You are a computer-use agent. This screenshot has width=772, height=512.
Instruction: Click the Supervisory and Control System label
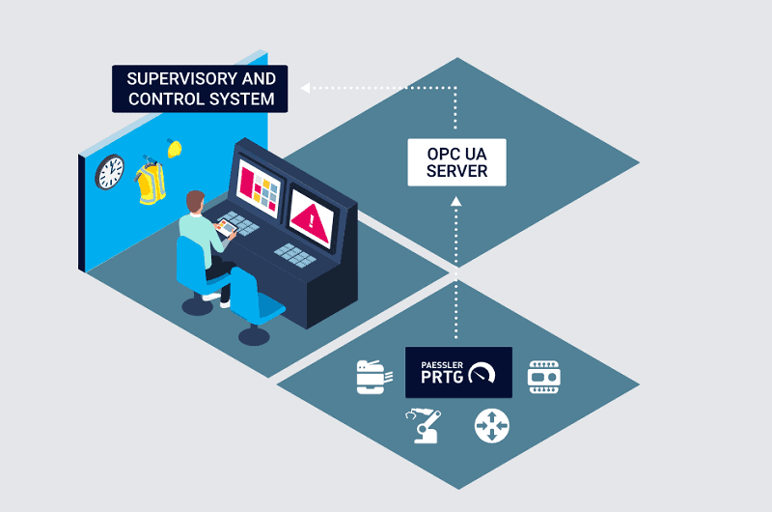pyautogui.click(x=200, y=88)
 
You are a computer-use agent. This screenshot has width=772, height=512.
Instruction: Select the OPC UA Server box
pyautogui.click(x=456, y=162)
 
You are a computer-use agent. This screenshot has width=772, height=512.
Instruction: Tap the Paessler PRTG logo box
pyautogui.click(x=458, y=372)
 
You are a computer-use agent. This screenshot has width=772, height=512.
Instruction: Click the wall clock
pyautogui.click(x=110, y=172)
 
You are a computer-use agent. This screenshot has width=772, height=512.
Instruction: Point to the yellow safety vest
pyautogui.click(x=151, y=183)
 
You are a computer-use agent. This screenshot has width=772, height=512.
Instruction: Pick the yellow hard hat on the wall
pyautogui.click(x=175, y=148)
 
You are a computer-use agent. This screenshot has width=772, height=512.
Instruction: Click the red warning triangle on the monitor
pyautogui.click(x=312, y=221)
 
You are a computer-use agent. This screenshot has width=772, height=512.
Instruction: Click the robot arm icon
pyautogui.click(x=426, y=425)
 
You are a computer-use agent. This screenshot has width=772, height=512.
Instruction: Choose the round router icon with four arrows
pyautogui.click(x=490, y=426)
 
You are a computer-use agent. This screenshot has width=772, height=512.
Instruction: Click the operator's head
pyautogui.click(x=196, y=201)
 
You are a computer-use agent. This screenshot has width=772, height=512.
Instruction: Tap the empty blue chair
pyautogui.click(x=253, y=299)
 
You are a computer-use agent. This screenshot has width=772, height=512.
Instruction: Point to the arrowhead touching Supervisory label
pyautogui.click(x=306, y=88)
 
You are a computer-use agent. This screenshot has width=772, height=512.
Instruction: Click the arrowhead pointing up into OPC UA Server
pyautogui.click(x=456, y=202)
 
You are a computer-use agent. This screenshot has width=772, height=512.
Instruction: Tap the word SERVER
pyautogui.click(x=456, y=172)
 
